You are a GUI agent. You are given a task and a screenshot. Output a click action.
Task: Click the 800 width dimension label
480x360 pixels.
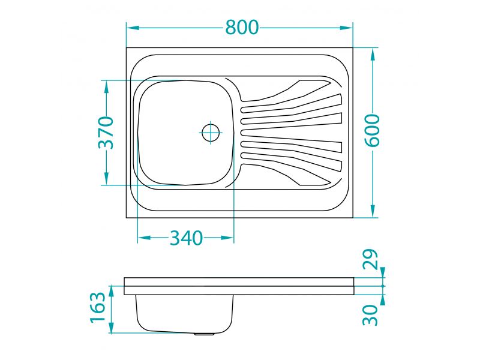pos(242,27)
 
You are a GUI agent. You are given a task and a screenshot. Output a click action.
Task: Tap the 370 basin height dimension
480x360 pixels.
pos(106,132)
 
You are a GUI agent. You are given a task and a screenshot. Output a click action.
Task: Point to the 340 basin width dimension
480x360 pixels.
pos(187,238)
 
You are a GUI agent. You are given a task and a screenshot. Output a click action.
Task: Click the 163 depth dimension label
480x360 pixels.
pos(98,307)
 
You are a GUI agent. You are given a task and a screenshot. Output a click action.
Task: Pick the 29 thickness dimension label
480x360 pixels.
pos(370,259)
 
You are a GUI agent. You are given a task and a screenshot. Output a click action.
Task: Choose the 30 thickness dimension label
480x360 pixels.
pos(370,315)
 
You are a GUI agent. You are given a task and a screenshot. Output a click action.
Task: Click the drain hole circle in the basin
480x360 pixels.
pos(211,132)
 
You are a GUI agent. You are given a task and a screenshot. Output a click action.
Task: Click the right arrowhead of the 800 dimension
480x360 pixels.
pos(346,28)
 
